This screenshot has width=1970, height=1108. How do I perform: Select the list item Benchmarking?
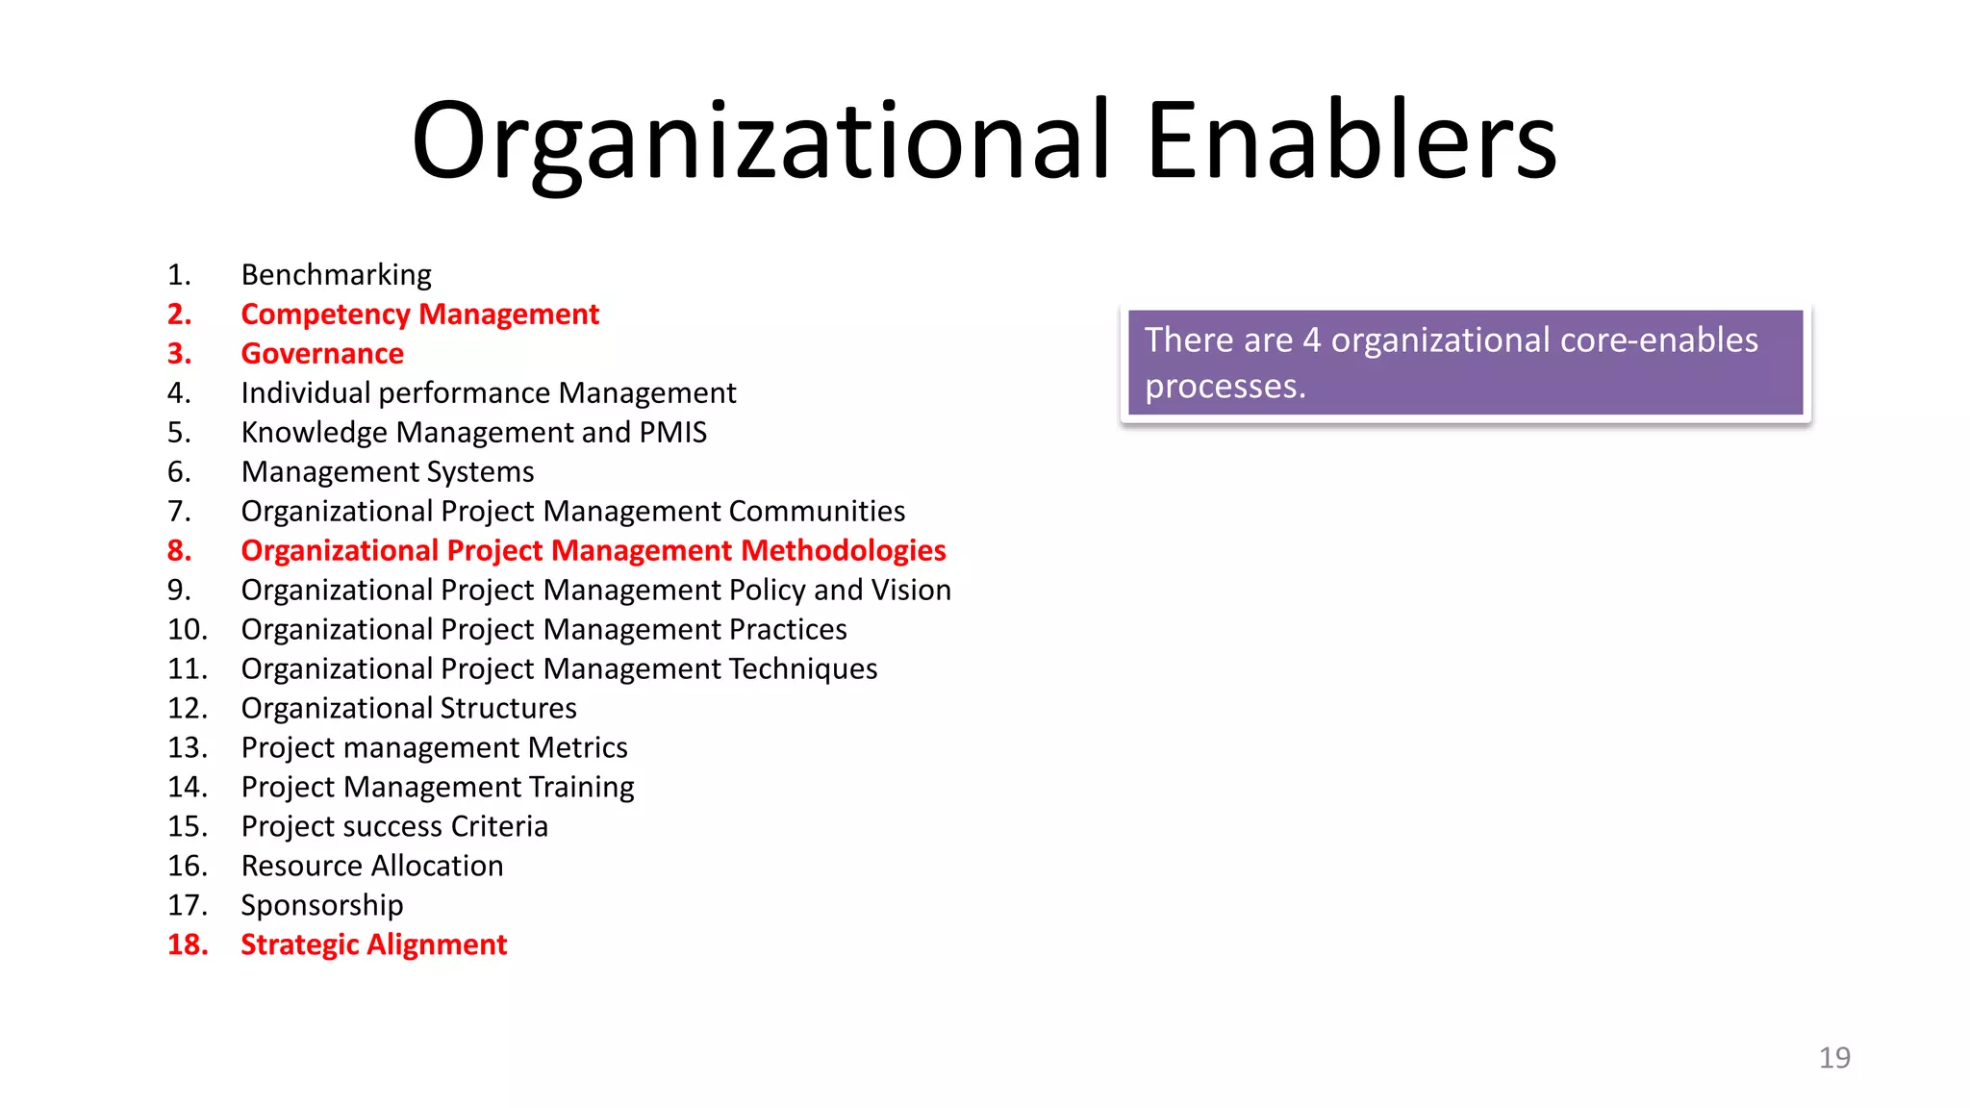coord(336,275)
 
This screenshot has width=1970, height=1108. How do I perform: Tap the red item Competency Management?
coord(419,315)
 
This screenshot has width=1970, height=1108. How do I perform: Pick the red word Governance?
coord(322,354)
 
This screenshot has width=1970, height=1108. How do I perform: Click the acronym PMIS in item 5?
coord(673,433)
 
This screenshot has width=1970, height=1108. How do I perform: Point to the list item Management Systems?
coord(388,472)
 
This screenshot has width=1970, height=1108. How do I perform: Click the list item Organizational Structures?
coord(409,709)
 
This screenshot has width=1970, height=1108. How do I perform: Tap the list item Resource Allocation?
coord(372,867)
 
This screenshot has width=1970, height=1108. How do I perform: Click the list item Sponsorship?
coord(322,906)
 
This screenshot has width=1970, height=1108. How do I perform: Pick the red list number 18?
coord(188,945)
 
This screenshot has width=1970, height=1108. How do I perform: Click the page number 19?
coord(1834,1058)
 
